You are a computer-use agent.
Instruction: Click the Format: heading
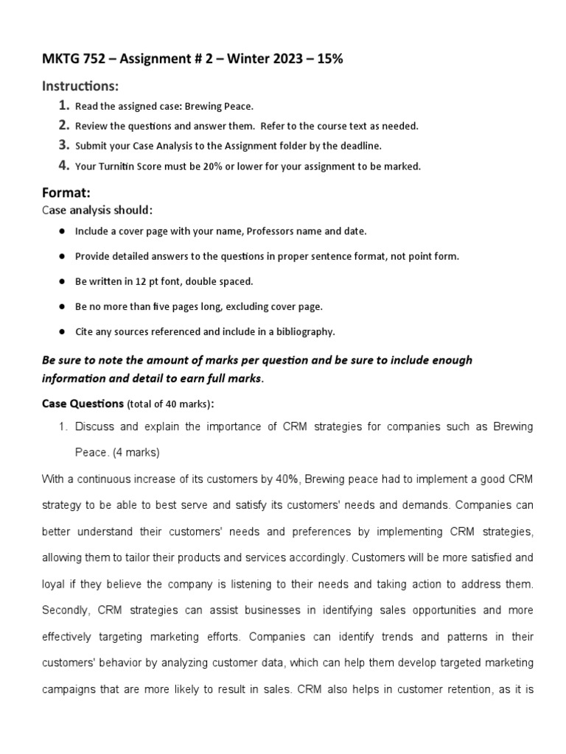pos(66,192)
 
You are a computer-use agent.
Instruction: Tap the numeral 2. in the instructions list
pos(64,126)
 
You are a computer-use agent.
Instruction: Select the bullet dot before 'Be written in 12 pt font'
pos(60,281)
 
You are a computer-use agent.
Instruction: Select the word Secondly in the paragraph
pos(65,610)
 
